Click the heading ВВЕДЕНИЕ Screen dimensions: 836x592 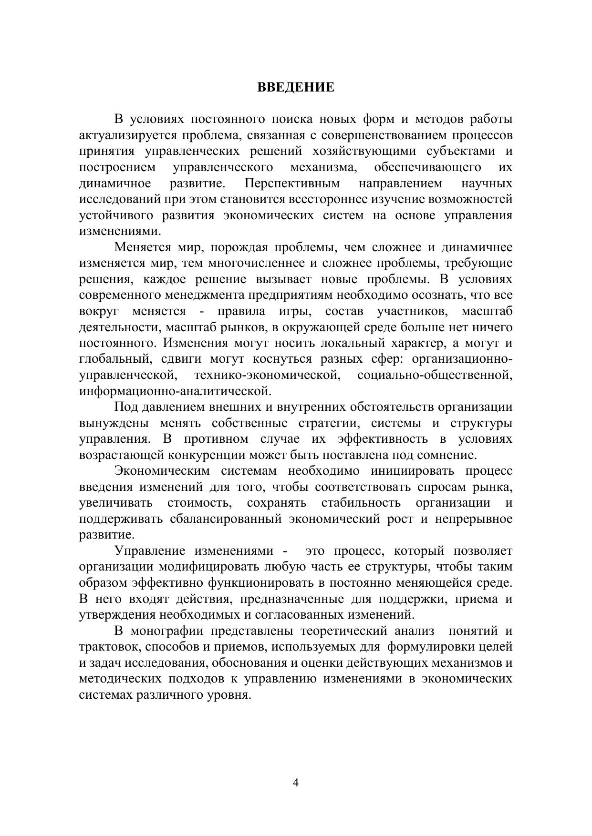pos(296,87)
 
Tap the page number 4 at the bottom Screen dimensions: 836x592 pos(296,783)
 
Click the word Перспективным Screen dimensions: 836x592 pos(292,184)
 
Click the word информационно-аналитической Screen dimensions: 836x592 pos(175,391)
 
